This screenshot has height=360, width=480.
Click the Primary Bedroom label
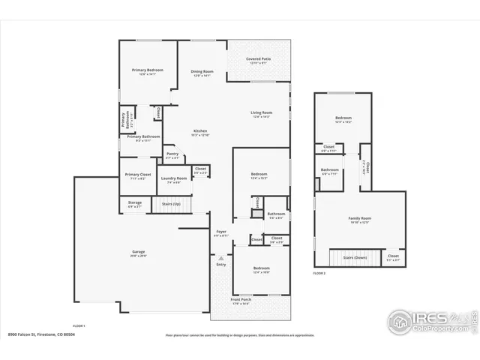(x=148, y=70)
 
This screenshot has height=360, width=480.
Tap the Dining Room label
(x=202, y=71)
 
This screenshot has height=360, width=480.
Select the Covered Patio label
(x=259, y=58)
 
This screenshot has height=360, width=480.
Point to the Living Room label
(x=261, y=113)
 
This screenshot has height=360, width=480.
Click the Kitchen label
(x=200, y=131)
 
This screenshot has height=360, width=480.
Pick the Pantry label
(x=172, y=155)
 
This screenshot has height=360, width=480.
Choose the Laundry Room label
(x=173, y=178)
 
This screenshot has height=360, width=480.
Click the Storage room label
(x=134, y=202)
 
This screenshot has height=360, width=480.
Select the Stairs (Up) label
(x=171, y=203)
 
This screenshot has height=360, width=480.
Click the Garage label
(x=139, y=251)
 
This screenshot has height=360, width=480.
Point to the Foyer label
(x=221, y=232)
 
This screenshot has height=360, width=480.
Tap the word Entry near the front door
(x=221, y=264)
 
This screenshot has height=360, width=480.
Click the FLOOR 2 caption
(x=319, y=273)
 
